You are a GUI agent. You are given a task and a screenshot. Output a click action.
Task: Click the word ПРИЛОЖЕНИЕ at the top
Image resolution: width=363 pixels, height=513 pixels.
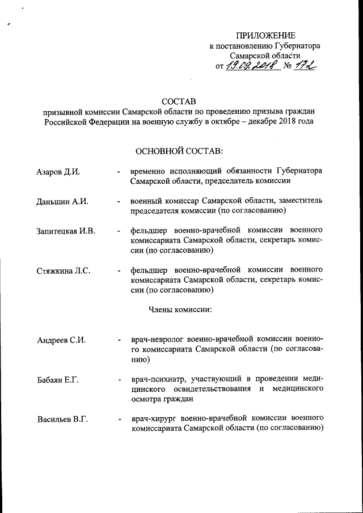(x=265, y=35)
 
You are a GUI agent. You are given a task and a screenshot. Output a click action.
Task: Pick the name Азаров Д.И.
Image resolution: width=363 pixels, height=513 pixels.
(x=58, y=171)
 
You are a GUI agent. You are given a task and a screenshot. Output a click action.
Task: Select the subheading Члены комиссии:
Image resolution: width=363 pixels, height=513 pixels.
(x=180, y=310)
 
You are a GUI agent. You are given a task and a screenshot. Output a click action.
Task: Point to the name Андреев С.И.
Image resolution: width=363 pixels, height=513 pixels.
(x=61, y=340)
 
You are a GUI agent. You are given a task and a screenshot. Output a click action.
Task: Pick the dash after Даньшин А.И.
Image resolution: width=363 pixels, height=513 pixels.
(x=119, y=201)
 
